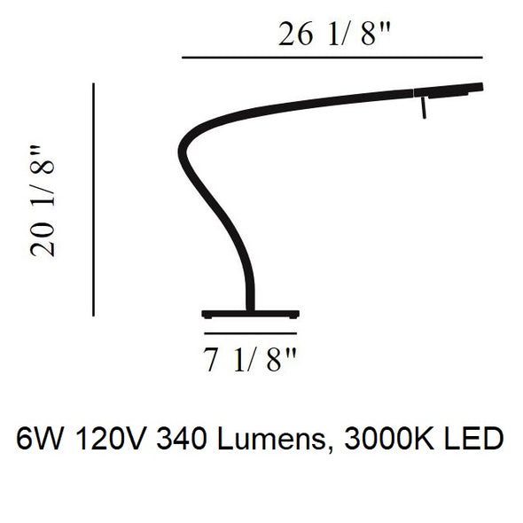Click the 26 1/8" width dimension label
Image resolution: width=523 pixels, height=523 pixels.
pyautogui.click(x=334, y=34)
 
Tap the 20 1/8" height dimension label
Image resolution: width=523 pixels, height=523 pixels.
pyautogui.click(x=43, y=201)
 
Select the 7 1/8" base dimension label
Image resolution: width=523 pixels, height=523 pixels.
pyautogui.click(x=249, y=360)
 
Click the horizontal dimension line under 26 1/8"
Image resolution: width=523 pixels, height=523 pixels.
pyautogui.click(x=332, y=58)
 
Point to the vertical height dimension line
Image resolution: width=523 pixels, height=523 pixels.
pyautogui.click(x=94, y=199)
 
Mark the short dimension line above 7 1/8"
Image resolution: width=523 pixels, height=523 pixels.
pyautogui.click(x=251, y=333)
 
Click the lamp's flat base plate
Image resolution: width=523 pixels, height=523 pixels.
pyautogui.click(x=251, y=314)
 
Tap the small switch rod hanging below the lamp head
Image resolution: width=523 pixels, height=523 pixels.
pyautogui.click(x=423, y=107)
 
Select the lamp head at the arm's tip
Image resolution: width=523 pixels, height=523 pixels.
pyautogui.click(x=449, y=90)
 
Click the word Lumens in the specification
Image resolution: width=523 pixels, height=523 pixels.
pyautogui.click(x=271, y=439)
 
